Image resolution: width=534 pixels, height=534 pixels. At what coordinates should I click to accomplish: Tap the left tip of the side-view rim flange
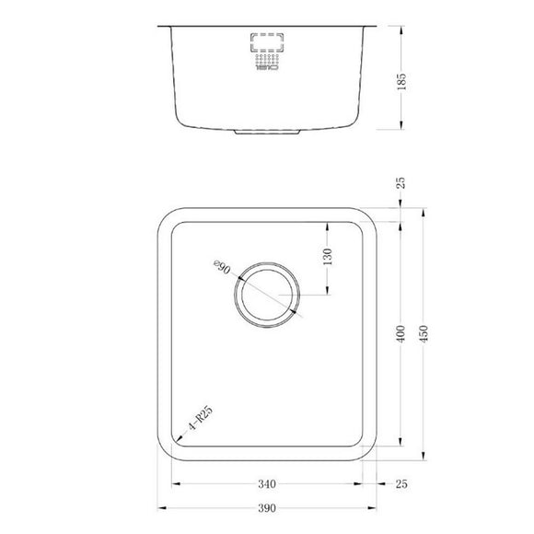(159, 26)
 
